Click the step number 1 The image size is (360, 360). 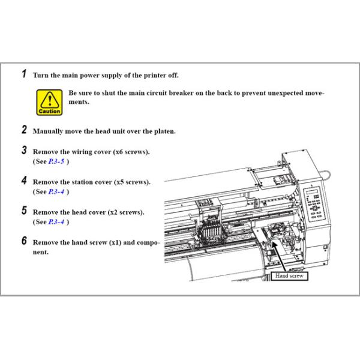24,74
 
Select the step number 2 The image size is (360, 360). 24,129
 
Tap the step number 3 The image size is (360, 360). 24,150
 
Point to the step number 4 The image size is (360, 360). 24,180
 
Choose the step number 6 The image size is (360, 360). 24,241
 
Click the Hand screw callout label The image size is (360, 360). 289,276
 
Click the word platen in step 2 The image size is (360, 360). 164,131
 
